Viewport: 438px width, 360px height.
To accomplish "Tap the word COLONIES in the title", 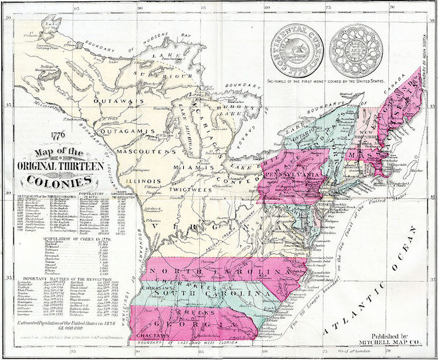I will (54, 181).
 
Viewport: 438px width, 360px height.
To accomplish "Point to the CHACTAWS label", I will (154, 337).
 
